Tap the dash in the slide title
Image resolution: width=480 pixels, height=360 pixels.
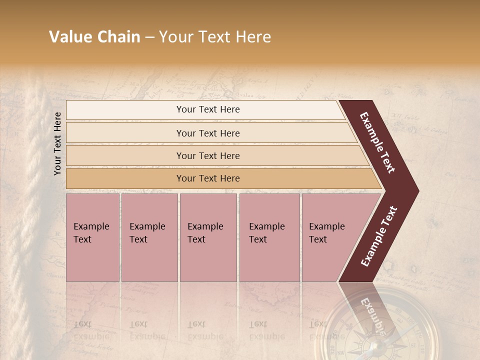click(x=149, y=37)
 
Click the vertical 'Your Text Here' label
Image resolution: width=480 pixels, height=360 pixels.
click(x=57, y=143)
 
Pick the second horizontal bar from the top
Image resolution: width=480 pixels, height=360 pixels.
click(x=208, y=133)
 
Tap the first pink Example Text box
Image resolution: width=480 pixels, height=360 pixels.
click(x=92, y=237)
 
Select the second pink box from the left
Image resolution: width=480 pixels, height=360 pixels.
click(x=149, y=237)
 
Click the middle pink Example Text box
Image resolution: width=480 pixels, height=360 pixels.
click(x=208, y=237)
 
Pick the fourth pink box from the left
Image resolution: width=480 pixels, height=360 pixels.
click(x=269, y=237)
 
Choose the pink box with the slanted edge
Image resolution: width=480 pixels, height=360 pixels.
click(x=330, y=237)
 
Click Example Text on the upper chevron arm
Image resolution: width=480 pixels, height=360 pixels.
click(x=377, y=142)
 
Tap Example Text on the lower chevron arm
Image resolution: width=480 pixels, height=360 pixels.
click(x=378, y=236)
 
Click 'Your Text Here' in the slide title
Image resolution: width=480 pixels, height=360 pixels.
click(x=215, y=37)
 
